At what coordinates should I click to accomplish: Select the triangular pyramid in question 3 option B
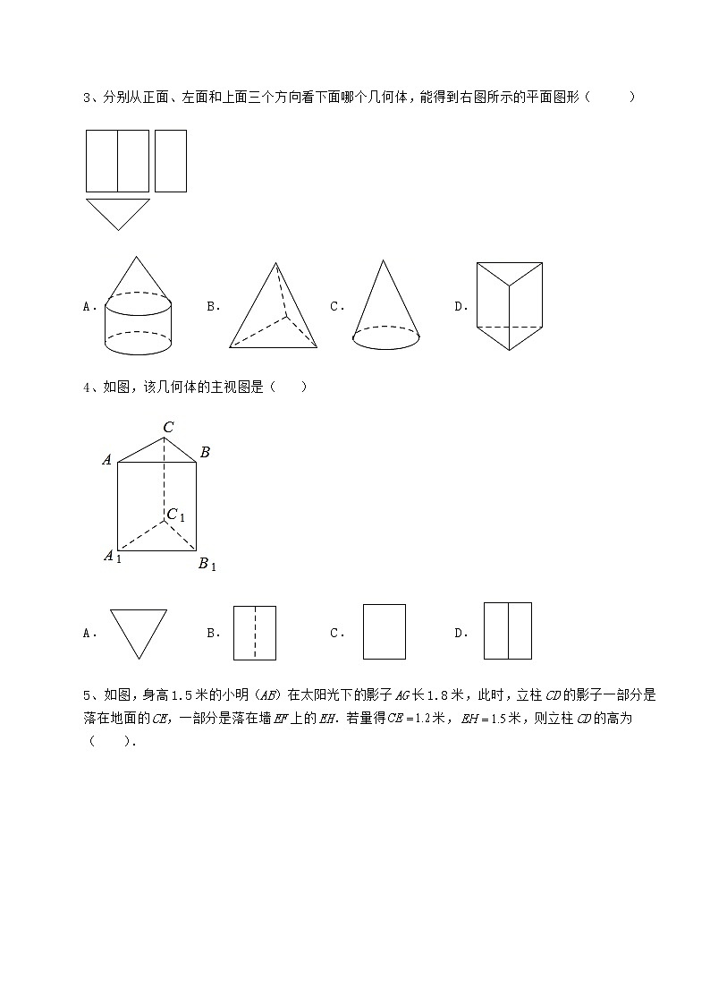pos(273,309)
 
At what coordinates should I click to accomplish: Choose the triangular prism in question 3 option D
pos(510,306)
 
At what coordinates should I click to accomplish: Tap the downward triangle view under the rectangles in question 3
pos(117,212)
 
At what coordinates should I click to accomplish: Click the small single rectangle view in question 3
pos(171,161)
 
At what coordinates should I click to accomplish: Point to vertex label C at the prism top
pos(168,428)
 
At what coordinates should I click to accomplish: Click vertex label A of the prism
pos(107,460)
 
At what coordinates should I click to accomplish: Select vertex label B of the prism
pos(205,453)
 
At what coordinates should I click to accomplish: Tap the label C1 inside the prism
pos(175,515)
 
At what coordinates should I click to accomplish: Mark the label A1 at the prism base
pos(112,557)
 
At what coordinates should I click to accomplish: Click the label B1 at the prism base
pos(207,564)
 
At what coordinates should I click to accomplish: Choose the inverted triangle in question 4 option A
pos(139,632)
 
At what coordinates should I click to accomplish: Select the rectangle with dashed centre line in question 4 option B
pos(255,633)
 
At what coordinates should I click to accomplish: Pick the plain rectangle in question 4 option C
pos(385,632)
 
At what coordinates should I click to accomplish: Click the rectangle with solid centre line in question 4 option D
pos(508,631)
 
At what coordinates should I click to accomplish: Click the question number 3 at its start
pos(86,98)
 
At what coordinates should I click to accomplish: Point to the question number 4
pos(86,388)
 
